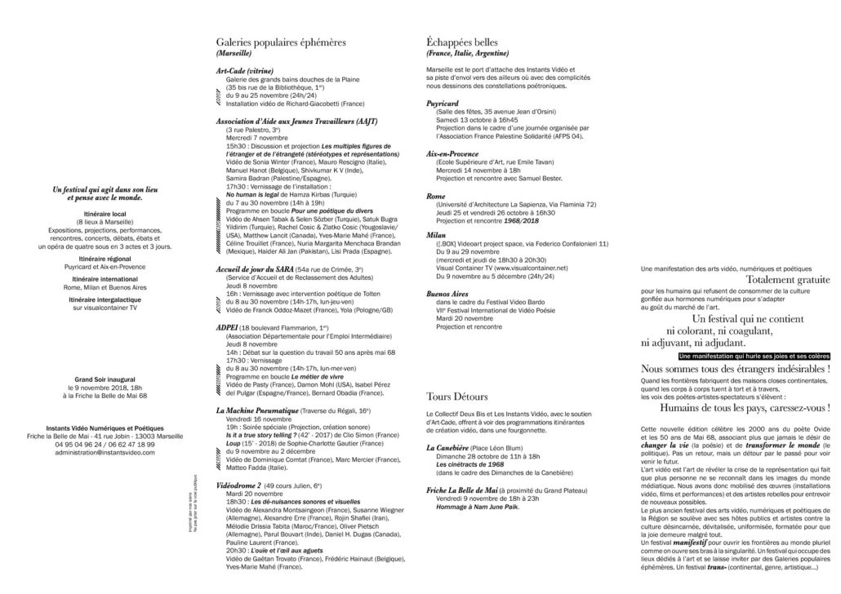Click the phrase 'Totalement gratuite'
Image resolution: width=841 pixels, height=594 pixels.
pyautogui.click(x=788, y=280)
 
